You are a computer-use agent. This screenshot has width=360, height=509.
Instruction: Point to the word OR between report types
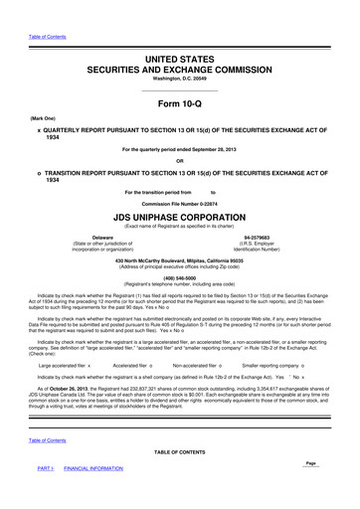click(179, 161)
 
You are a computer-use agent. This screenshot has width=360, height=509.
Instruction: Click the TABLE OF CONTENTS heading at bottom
click(179, 479)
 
